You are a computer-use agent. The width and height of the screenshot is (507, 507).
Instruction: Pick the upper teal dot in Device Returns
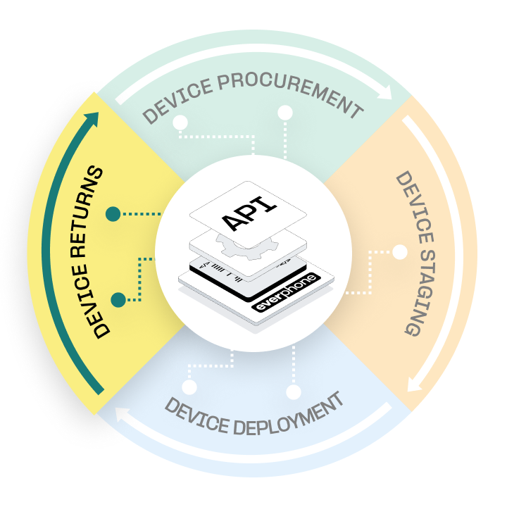(x=113, y=213)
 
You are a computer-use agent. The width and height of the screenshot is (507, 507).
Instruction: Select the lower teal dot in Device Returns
(x=118, y=300)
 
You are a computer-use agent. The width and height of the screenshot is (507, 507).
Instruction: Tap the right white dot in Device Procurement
(x=285, y=113)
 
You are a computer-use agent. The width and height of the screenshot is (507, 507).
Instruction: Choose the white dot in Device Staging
(x=400, y=251)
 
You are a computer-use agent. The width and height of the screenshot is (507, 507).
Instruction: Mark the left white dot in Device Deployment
(x=189, y=387)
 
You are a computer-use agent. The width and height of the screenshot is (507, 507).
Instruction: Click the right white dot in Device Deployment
(x=293, y=392)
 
